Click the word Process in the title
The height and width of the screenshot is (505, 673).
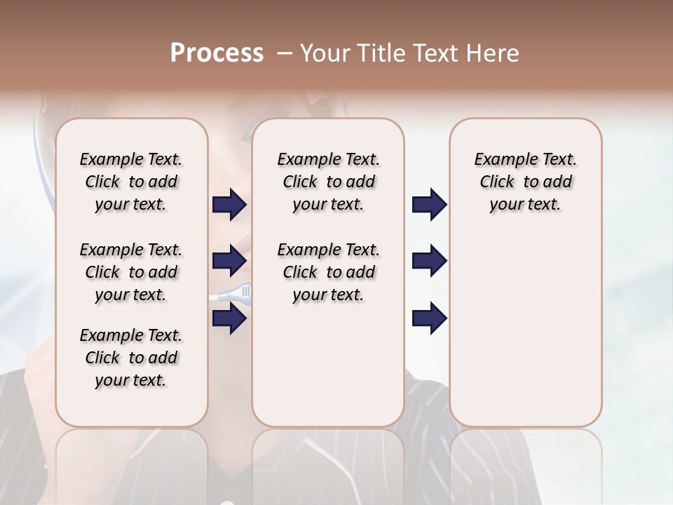click(x=217, y=53)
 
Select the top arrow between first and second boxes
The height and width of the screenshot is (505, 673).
click(x=229, y=205)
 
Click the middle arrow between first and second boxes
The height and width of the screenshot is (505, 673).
click(x=229, y=261)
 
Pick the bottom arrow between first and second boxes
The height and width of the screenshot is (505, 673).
click(x=229, y=318)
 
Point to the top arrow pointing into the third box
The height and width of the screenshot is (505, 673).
click(x=429, y=205)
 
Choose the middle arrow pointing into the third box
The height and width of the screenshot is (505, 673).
click(x=429, y=261)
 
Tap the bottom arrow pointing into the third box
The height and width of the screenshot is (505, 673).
click(x=429, y=318)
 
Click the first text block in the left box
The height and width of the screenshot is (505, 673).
click(x=131, y=182)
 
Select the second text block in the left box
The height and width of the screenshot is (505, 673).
click(x=131, y=272)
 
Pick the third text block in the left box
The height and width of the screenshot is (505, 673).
click(x=131, y=358)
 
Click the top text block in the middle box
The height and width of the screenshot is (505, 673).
click(x=328, y=182)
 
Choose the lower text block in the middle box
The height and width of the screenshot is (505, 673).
click(x=328, y=272)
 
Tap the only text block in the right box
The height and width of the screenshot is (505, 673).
click(x=525, y=182)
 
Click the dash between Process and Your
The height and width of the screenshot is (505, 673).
click(x=283, y=53)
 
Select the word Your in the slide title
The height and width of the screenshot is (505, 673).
click(x=324, y=53)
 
